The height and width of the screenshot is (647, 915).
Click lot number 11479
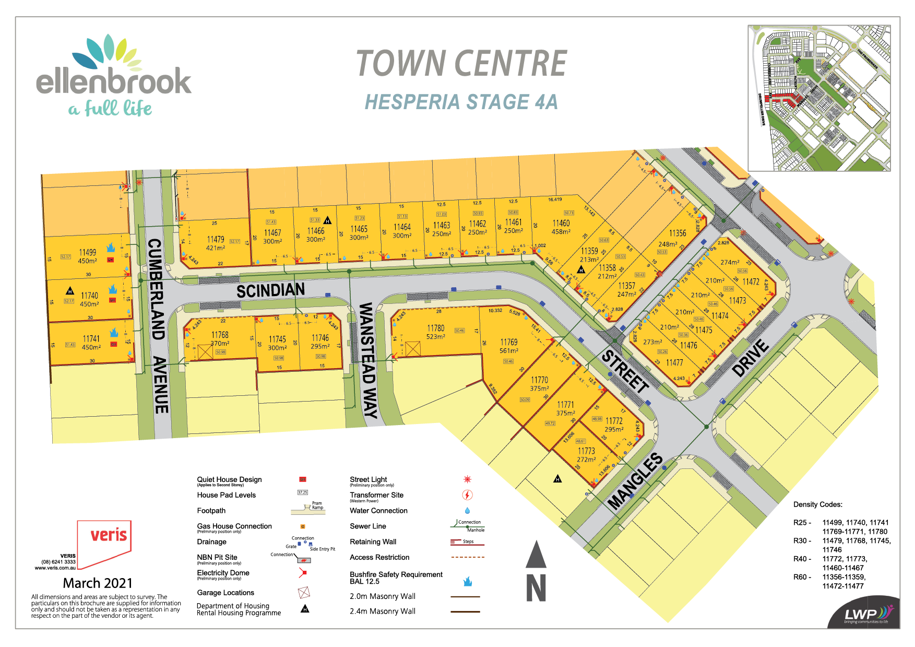(216, 239)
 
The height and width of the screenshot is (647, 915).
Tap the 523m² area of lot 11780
(435, 337)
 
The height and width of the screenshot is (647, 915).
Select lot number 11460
(561, 223)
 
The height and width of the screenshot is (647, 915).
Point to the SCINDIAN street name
(270, 290)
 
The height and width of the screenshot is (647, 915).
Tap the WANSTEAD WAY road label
(368, 360)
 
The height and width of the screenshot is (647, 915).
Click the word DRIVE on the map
(751, 358)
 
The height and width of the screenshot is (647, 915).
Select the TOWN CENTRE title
(461, 64)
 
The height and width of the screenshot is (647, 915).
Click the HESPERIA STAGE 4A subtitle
(461, 102)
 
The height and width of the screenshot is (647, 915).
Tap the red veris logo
(108, 536)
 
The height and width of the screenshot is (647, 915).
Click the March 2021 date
(98, 583)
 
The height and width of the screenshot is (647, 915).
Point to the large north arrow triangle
(536, 555)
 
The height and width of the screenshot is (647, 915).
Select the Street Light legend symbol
(467, 479)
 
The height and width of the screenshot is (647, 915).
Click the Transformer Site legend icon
(467, 495)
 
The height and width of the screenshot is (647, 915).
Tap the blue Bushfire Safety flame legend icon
(467, 581)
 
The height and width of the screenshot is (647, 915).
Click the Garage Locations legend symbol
(304, 593)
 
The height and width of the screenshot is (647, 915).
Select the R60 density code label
(802, 577)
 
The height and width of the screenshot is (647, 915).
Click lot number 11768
(220, 335)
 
